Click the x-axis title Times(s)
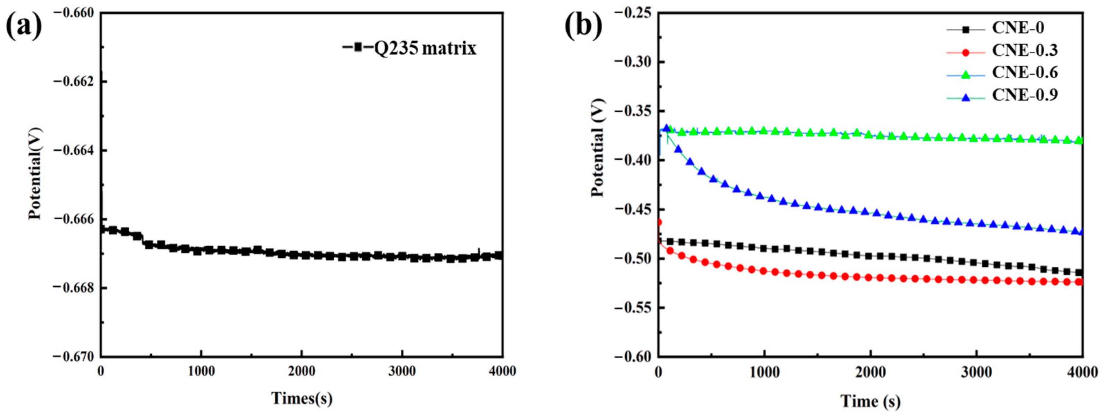302,398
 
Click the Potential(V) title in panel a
35,173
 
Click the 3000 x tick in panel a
402,371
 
